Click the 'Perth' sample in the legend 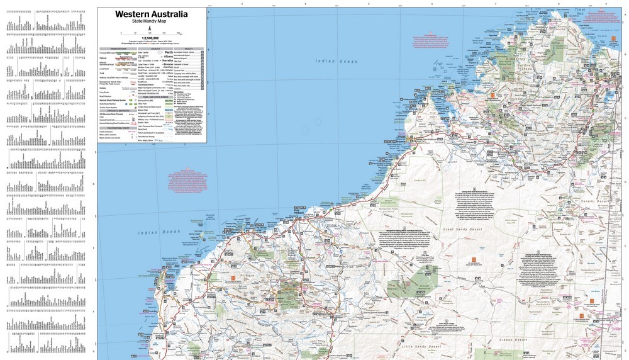tap(169, 52)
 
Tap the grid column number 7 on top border tap(495, 3)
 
